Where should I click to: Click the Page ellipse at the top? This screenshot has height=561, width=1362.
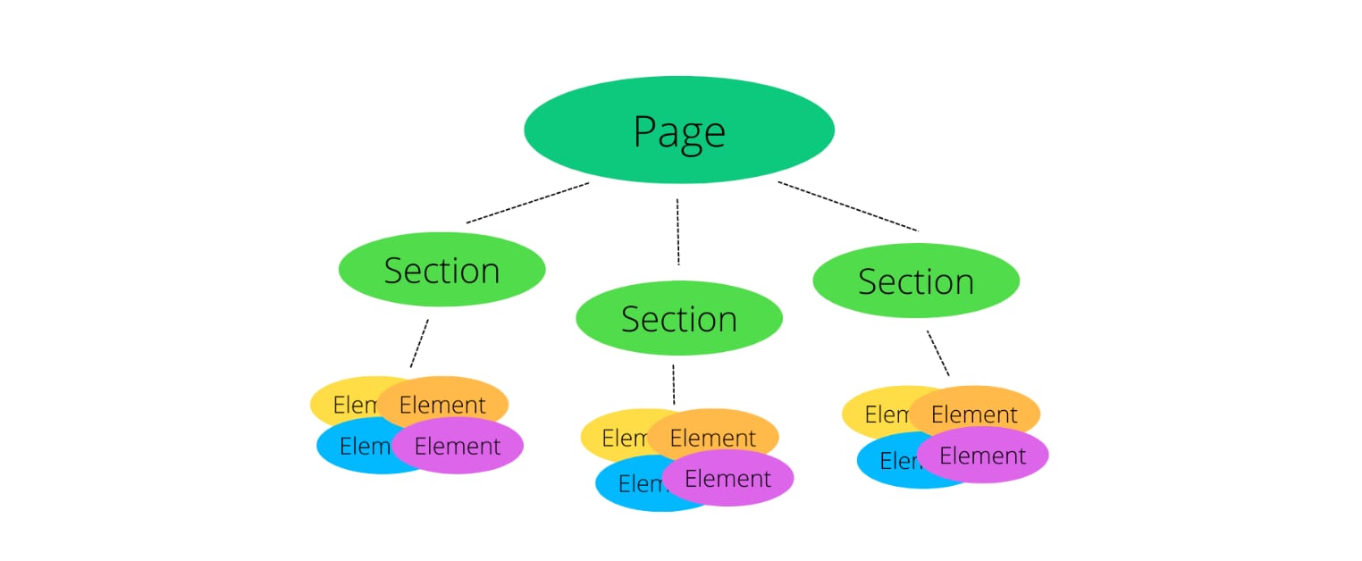tap(678, 130)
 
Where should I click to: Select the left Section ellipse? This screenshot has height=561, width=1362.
tap(441, 270)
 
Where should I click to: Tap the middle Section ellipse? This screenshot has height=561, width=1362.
tap(678, 318)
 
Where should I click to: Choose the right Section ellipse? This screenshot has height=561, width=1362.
tap(915, 280)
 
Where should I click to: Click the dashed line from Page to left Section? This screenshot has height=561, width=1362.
tap(527, 203)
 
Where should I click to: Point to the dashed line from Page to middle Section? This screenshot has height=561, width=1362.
tap(678, 232)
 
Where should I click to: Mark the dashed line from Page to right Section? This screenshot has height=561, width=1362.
tap(847, 206)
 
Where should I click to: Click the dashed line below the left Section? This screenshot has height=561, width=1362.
tap(419, 343)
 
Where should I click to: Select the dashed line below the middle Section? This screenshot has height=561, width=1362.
tap(673, 384)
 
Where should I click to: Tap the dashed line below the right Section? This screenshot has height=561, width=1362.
tap(937, 353)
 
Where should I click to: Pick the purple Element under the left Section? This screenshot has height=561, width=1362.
tap(458, 446)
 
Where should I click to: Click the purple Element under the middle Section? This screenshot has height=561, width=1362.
tap(727, 479)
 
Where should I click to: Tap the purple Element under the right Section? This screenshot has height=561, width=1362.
tap(983, 456)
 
